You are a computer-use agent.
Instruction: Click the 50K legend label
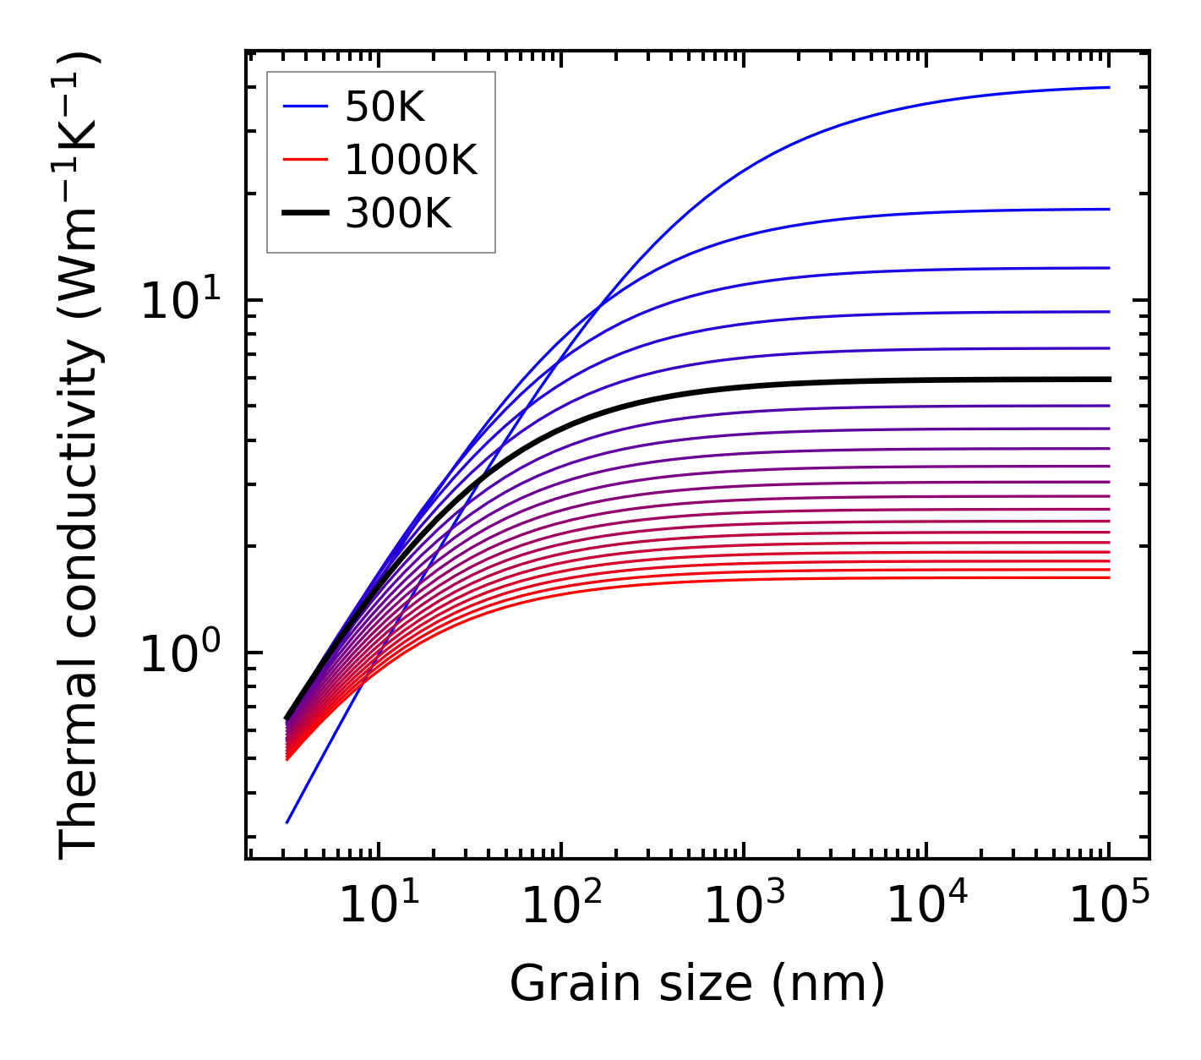point(384,107)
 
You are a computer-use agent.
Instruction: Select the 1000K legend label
point(411,160)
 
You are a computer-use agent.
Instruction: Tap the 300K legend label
point(398,214)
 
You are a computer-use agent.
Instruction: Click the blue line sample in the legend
point(305,107)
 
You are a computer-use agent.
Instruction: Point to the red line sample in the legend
point(305,160)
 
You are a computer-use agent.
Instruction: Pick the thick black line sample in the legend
point(305,213)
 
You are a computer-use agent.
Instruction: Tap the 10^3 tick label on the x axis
point(743,907)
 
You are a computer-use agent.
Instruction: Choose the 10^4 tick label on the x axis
point(925,907)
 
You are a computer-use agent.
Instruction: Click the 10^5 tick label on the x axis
point(1108,907)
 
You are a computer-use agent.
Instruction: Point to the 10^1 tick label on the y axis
point(179,300)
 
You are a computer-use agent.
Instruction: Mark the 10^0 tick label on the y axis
point(179,653)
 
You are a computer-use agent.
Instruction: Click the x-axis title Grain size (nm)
point(697,983)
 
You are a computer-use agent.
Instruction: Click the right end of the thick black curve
point(1108,380)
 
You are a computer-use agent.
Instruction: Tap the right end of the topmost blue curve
point(1108,87)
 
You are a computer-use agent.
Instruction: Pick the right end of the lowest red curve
point(1108,577)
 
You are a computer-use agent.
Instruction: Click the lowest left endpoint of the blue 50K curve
point(287,822)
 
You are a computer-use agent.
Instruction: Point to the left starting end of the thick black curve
point(287,718)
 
